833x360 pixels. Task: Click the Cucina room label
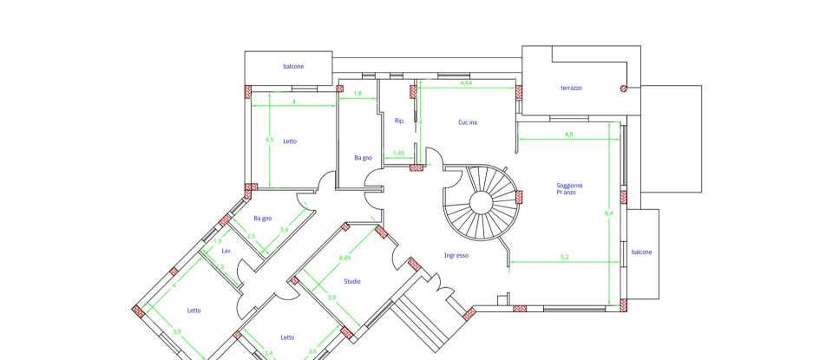[468, 122]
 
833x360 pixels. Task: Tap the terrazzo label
[571, 88]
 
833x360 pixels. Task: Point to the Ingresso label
[456, 255]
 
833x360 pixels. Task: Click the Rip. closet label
[399, 121]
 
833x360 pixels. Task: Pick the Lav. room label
[227, 250]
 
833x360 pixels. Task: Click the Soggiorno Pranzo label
[569, 188]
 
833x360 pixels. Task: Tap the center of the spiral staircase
[482, 202]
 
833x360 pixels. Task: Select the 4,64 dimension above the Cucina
[466, 82]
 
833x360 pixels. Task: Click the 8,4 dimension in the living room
[609, 213]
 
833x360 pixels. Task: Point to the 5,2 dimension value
[564, 257]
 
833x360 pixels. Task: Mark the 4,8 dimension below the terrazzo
[568, 134]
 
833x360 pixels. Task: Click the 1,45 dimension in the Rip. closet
[398, 154]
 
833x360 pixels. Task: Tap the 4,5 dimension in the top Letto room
[268, 140]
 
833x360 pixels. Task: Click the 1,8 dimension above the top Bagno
[357, 92]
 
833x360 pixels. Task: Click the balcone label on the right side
[641, 252]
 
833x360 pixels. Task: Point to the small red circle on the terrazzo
[623, 88]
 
